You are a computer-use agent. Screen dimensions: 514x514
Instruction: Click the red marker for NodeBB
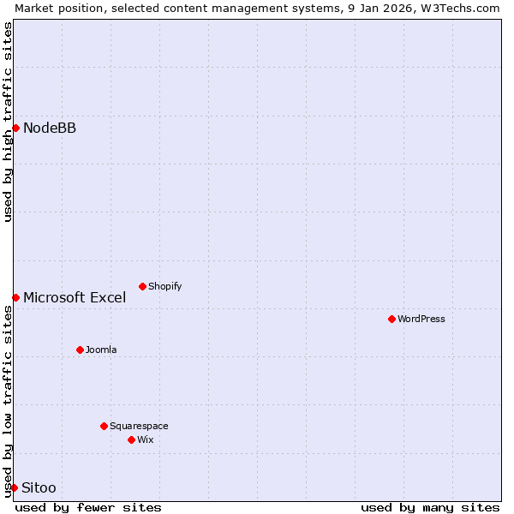15,128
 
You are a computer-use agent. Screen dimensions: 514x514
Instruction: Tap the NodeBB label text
50,128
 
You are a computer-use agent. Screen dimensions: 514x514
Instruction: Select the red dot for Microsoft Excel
15,297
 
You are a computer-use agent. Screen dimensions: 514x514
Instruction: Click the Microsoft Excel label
75,298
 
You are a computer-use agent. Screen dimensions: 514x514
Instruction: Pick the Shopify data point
142,286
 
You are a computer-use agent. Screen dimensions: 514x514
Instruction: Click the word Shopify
164,287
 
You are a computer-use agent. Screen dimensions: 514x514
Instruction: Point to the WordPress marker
391,319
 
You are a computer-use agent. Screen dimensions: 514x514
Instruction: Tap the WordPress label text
421,319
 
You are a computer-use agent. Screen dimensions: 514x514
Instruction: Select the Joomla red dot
80,350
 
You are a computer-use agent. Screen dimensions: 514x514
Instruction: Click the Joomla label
101,350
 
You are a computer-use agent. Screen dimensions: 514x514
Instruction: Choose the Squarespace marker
104,426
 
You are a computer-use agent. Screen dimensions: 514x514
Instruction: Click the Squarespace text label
139,426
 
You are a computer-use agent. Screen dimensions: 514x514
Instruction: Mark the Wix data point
131,439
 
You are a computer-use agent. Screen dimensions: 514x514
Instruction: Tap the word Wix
146,439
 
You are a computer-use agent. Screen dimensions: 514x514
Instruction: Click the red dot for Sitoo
15,487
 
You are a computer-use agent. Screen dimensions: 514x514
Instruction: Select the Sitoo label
39,488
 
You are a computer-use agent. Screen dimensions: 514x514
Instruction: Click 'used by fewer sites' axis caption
88,507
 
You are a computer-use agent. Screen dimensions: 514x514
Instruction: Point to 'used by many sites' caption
430,507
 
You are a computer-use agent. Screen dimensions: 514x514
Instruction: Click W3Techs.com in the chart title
459,8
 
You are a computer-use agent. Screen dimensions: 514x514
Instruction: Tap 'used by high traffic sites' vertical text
8,121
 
